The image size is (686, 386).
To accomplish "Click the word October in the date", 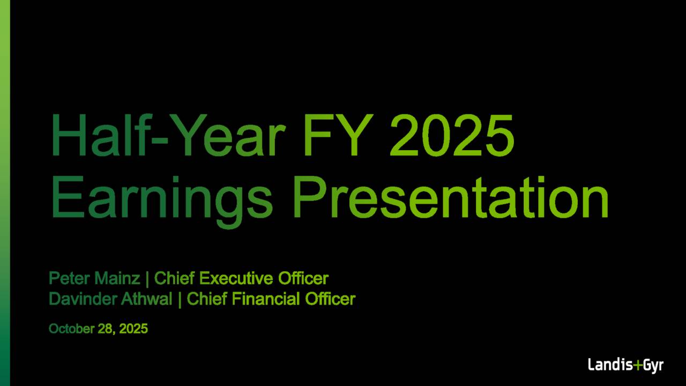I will pyautogui.click(x=71, y=329).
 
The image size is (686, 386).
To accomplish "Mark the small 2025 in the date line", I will pyautogui.click(x=133, y=329).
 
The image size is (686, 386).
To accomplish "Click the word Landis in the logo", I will pyautogui.click(x=610, y=366).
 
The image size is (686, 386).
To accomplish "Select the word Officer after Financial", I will pyautogui.click(x=330, y=299).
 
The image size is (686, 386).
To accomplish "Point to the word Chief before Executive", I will pyautogui.click(x=175, y=279).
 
